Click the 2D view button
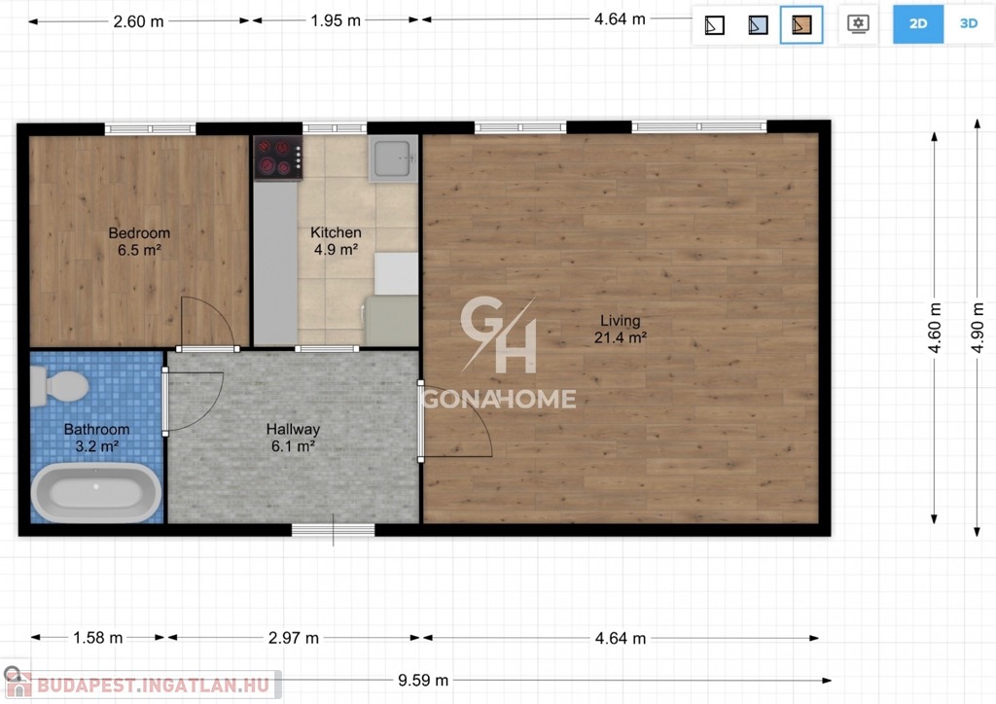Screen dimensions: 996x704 click(918, 24)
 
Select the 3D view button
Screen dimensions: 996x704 click(969, 24)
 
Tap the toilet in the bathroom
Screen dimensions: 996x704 click(59, 386)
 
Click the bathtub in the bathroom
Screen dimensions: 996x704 click(96, 493)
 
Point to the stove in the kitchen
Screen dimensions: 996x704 click(277, 158)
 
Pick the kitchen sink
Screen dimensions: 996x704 click(393, 158)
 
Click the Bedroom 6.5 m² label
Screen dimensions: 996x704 click(139, 242)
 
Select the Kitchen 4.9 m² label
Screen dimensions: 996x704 click(336, 241)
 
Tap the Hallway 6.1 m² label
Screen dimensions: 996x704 click(293, 438)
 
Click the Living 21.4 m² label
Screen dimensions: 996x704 click(621, 329)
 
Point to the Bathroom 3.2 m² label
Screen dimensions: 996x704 click(96, 438)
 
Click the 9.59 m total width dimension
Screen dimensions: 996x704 click(423, 681)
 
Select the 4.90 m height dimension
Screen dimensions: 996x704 click(978, 328)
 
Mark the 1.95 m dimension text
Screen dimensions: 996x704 click(336, 21)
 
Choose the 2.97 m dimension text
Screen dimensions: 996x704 click(294, 638)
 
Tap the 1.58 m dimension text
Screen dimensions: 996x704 click(98, 638)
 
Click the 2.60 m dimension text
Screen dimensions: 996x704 click(138, 21)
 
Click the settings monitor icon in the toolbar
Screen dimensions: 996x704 click(858, 24)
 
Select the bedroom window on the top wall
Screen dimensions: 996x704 click(151, 129)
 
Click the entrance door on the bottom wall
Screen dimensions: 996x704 click(334, 530)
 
